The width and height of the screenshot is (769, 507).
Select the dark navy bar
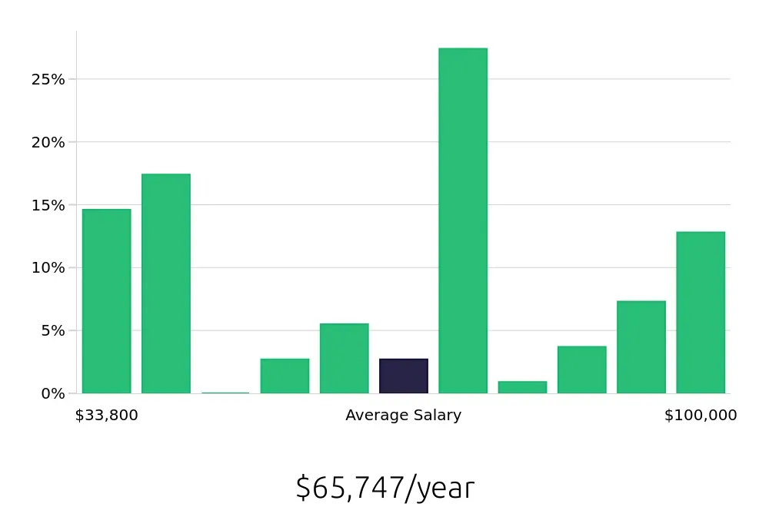[x=404, y=376]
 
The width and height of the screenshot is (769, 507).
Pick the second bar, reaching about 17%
[x=166, y=283]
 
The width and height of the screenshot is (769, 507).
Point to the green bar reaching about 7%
[x=641, y=347]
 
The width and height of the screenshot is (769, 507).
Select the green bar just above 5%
[x=344, y=358]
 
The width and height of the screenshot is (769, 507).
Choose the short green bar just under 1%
[x=522, y=387]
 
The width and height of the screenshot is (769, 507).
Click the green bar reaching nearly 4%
[x=581, y=369]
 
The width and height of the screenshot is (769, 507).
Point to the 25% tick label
[x=48, y=80]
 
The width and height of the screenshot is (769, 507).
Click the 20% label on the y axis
[x=48, y=142]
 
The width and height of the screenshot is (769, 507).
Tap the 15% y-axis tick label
[x=48, y=205]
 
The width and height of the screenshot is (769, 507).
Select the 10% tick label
[x=48, y=268]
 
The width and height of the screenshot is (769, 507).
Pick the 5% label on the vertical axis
[x=52, y=330]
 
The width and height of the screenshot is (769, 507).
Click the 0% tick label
[x=52, y=393]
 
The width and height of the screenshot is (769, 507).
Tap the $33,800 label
[x=106, y=416]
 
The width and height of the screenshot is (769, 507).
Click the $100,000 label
[x=701, y=416]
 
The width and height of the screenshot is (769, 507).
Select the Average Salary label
[x=403, y=416]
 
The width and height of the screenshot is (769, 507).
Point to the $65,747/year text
[x=384, y=488]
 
